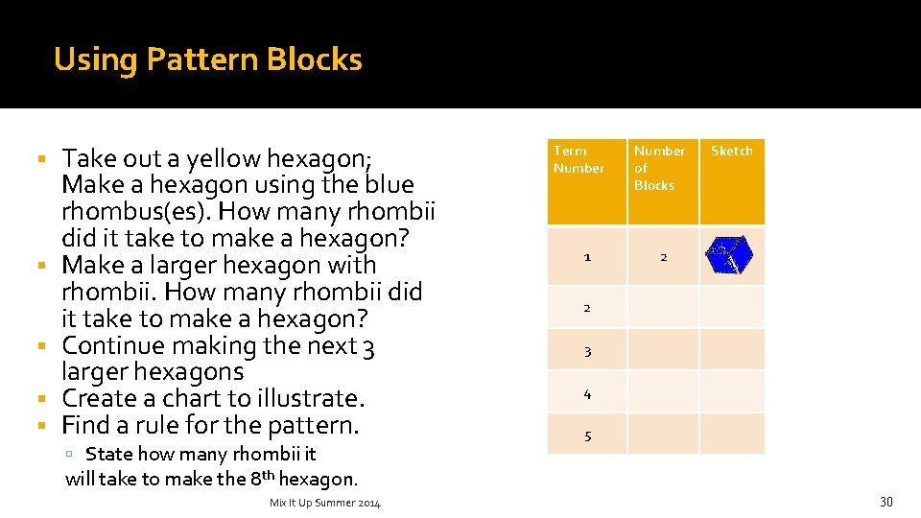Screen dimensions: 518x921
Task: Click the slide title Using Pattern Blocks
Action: pyautogui.click(x=208, y=59)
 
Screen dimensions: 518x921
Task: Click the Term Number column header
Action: pyautogui.click(x=579, y=159)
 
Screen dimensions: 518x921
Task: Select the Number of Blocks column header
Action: pyautogui.click(x=659, y=168)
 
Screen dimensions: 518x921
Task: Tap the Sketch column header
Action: pyautogui.click(x=732, y=152)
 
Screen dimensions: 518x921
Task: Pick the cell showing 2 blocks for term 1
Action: pyautogui.click(x=663, y=257)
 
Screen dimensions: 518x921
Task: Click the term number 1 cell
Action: pyautogui.click(x=587, y=257)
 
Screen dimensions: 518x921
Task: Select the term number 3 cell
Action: pyautogui.click(x=587, y=351)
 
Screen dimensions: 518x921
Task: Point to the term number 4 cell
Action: pyautogui.click(x=587, y=393)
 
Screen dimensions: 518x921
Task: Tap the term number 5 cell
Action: pyautogui.click(x=587, y=436)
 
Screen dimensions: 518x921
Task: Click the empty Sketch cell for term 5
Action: pyautogui.click(x=732, y=434)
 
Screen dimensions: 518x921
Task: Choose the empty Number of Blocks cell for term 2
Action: pyautogui.click(x=663, y=307)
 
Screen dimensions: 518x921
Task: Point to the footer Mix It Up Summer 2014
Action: pyautogui.click(x=325, y=503)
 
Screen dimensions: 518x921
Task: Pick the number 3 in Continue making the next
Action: pyautogui.click(x=369, y=345)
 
